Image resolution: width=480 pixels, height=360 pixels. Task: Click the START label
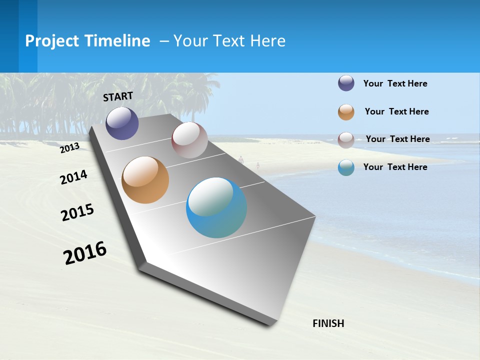[x=118, y=96]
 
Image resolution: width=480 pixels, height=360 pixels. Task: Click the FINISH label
[x=328, y=323]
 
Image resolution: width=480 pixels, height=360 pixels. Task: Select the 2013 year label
[x=70, y=148]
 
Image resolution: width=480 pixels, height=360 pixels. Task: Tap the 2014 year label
[x=74, y=177]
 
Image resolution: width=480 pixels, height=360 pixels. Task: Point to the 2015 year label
[x=77, y=212]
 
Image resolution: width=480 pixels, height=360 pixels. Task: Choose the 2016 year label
[x=85, y=253]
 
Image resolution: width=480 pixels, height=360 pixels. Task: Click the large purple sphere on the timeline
[x=122, y=123]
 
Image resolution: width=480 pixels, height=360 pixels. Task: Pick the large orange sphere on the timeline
[x=145, y=180]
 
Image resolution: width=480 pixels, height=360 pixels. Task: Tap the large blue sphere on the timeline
[x=216, y=207]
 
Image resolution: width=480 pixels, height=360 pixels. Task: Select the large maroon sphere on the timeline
[x=189, y=140]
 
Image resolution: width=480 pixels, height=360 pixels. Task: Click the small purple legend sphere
[x=346, y=83]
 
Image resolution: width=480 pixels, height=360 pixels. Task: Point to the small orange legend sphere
[x=346, y=112]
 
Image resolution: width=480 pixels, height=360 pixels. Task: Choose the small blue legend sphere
[x=346, y=167]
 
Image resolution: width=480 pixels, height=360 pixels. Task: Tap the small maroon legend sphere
[x=346, y=140]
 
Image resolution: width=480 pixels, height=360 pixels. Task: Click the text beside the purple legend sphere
[x=395, y=83]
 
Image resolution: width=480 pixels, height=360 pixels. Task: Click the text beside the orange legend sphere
[x=396, y=111]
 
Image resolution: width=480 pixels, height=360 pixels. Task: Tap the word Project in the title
[x=52, y=41]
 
